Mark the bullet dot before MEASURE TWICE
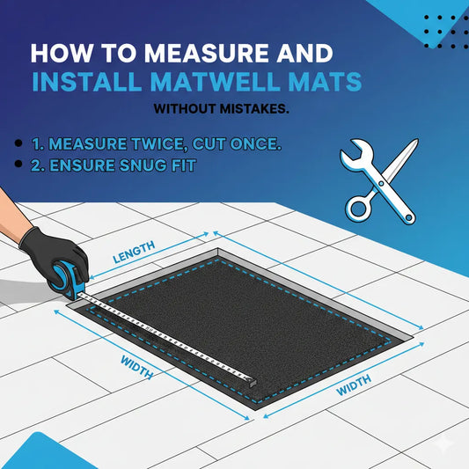18,143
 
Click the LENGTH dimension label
134,251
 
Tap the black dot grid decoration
441,30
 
